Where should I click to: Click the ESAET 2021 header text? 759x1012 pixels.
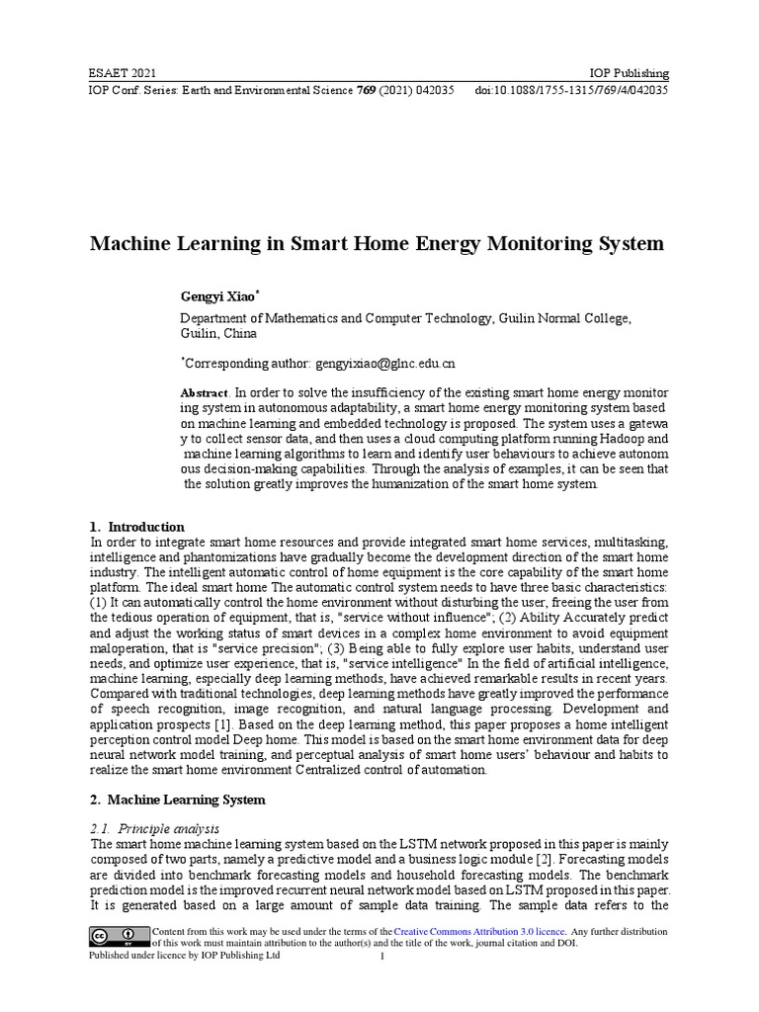(123, 74)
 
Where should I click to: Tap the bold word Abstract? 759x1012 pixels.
(204, 392)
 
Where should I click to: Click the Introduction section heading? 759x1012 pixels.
(145, 527)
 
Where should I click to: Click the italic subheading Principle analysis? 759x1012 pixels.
(163, 828)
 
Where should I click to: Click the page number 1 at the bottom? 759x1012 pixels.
(381, 957)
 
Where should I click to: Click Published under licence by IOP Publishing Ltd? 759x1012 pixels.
(185, 957)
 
